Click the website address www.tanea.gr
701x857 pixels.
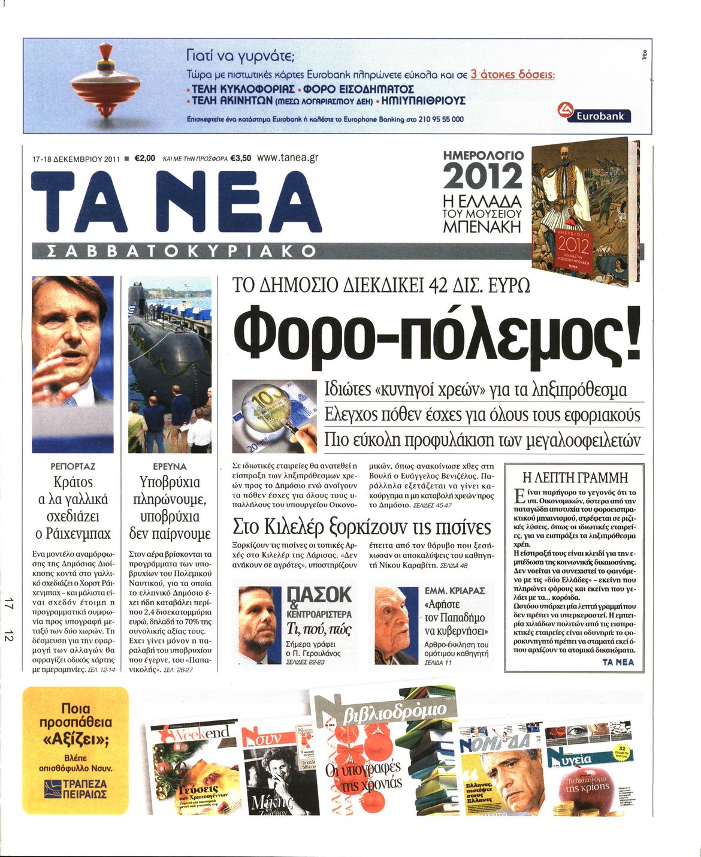pos(287,158)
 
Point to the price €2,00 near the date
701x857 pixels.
pos(144,159)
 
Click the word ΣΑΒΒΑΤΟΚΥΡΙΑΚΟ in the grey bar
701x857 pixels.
pos(174,251)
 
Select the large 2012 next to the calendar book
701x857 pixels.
pos(482,177)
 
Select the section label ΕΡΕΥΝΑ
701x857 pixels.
pos(170,466)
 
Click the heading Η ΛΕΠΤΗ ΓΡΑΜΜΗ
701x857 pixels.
pos(575,478)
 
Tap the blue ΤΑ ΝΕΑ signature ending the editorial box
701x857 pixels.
pos(618,662)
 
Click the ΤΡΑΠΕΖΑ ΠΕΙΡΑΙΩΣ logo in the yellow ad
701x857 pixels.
pos(76,788)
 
